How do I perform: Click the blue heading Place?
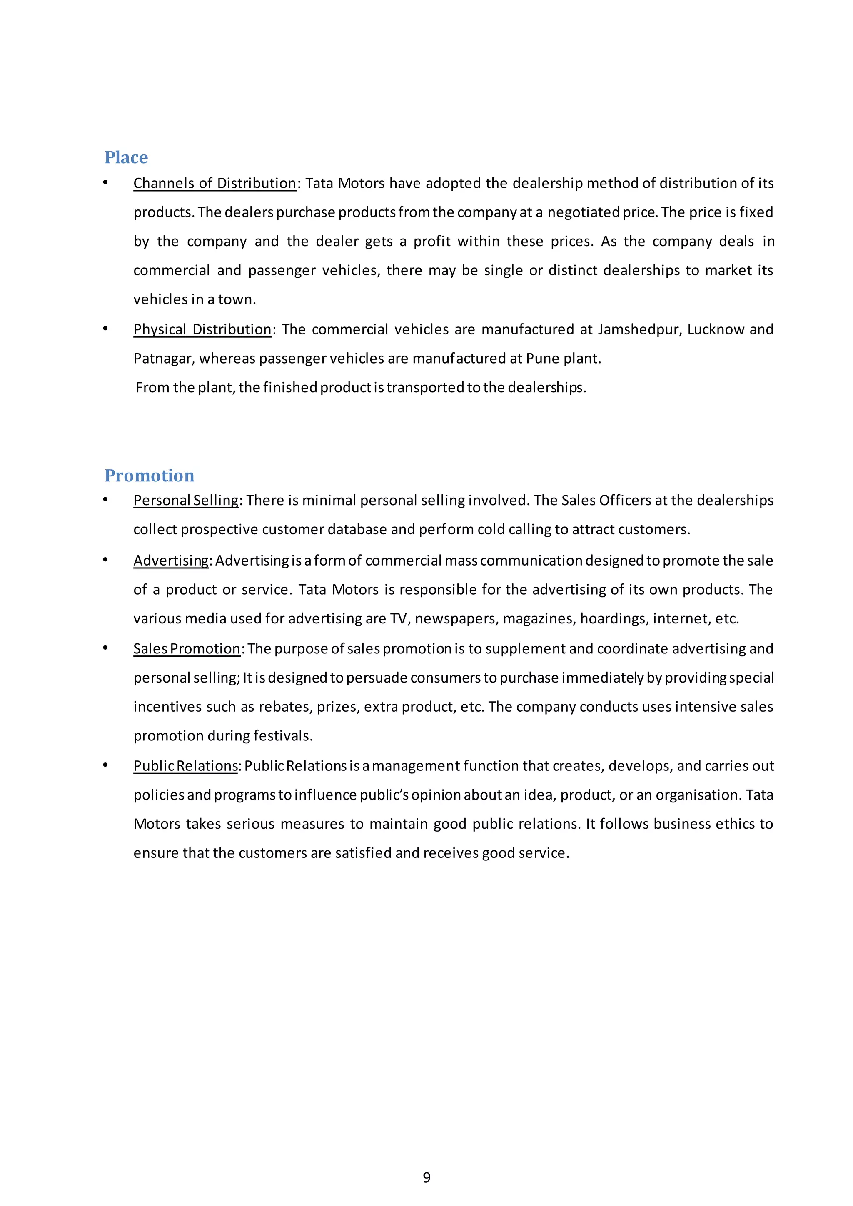126,157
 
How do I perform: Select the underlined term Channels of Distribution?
214,183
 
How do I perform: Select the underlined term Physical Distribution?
202,329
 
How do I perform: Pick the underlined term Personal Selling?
186,501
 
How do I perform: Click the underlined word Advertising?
171,561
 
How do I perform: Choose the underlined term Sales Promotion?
187,649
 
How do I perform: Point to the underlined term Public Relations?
185,766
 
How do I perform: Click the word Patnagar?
162,359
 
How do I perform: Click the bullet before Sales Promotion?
105,648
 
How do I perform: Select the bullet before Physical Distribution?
105,329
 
